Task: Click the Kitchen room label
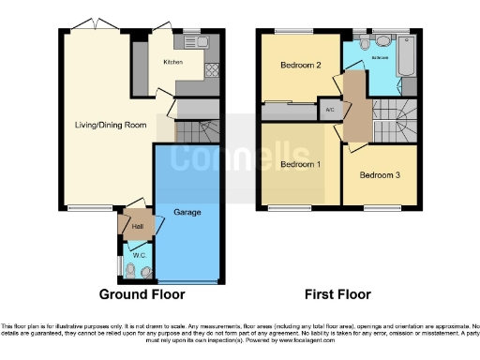pos(172,63)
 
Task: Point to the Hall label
pos(137,225)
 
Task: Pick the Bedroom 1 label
pos(300,165)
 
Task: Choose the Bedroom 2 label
pos(300,66)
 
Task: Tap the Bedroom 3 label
pos(380,175)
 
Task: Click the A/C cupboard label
pos(329,109)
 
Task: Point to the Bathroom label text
pos(379,58)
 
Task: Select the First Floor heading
pos(337,294)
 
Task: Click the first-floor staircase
pos(394,125)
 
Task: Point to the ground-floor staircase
pos(197,129)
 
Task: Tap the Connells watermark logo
pos(240,155)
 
